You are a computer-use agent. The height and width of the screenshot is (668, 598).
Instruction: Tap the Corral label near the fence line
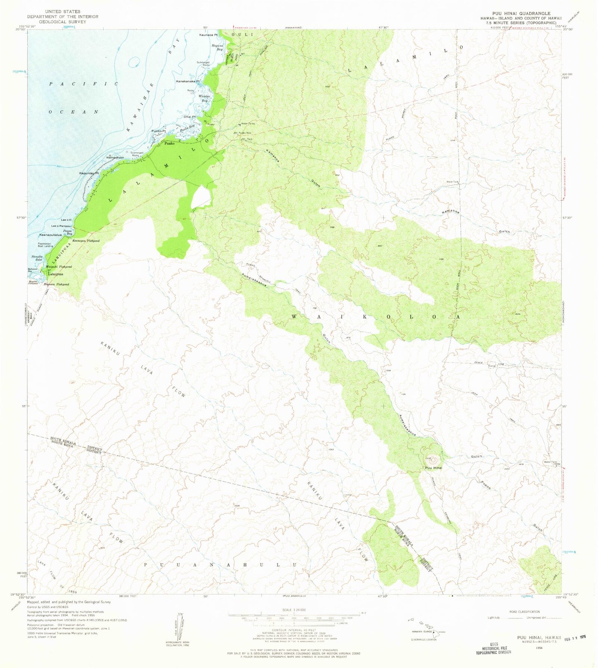tap(492, 366)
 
